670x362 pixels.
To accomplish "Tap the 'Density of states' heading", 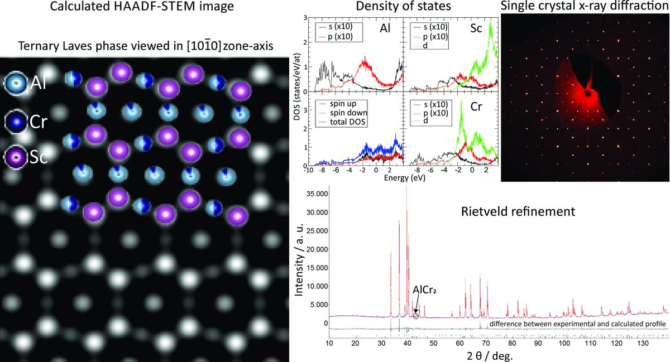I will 395,7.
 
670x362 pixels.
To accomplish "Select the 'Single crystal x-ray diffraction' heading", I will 585,7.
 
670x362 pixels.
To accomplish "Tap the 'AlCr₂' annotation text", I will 424,291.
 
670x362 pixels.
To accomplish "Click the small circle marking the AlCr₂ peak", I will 416,316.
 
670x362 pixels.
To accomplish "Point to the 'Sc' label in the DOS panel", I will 488,27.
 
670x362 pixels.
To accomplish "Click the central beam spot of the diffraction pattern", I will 588,95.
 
